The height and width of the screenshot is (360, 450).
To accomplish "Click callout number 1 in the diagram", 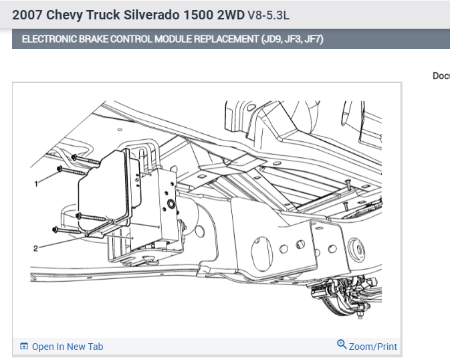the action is pyautogui.click(x=36, y=183).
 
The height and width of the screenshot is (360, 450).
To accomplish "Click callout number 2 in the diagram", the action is pyautogui.click(x=35, y=248).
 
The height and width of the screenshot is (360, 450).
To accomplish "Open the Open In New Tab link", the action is pyautogui.click(x=68, y=347).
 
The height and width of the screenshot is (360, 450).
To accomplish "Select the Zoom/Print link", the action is pyautogui.click(x=373, y=347).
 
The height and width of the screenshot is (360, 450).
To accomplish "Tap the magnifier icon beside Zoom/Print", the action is pyautogui.click(x=342, y=344).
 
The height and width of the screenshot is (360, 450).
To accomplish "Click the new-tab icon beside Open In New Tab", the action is pyautogui.click(x=24, y=346).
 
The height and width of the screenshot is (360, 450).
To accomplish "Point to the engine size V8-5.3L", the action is pyautogui.click(x=268, y=15).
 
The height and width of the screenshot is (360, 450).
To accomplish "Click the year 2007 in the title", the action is pyautogui.click(x=27, y=15).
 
